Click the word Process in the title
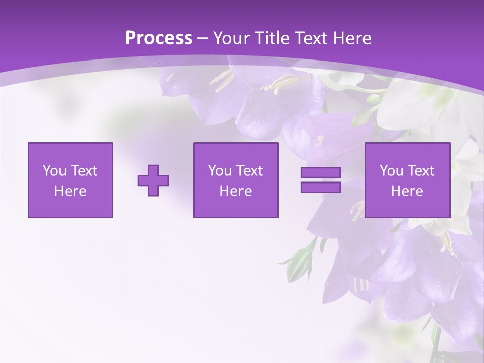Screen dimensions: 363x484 [x=158, y=38]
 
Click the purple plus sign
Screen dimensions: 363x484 [x=153, y=180]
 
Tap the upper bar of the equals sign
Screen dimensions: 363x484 [x=321, y=173]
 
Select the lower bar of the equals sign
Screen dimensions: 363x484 [x=321, y=188]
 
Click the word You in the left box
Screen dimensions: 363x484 [x=54, y=171]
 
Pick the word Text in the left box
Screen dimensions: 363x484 [x=84, y=171]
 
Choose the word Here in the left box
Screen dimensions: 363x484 [x=70, y=191]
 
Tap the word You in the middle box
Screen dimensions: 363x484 [x=219, y=171]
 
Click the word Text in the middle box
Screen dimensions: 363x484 [x=249, y=171]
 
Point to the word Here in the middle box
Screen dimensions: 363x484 [x=235, y=191]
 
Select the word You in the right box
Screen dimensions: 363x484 [x=391, y=171]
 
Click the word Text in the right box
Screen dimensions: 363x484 [x=420, y=171]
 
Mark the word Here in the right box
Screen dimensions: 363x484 [x=407, y=191]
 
